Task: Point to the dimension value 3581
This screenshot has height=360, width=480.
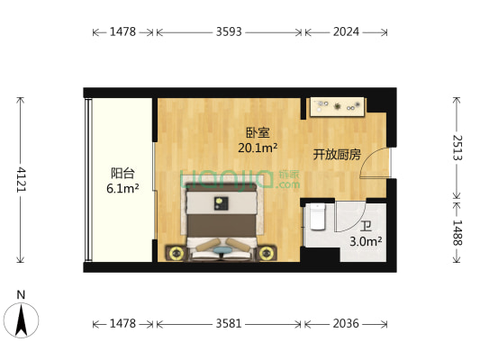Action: (229, 323)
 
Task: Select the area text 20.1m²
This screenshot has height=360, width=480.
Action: (258, 148)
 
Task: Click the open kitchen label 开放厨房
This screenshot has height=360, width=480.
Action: (337, 155)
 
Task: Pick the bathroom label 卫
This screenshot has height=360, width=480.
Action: (365, 226)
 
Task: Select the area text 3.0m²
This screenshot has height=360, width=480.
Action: (365, 241)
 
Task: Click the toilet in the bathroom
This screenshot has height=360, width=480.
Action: (315, 219)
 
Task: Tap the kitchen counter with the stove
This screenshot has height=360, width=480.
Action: (337, 107)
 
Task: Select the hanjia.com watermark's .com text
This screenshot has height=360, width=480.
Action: (289, 184)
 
